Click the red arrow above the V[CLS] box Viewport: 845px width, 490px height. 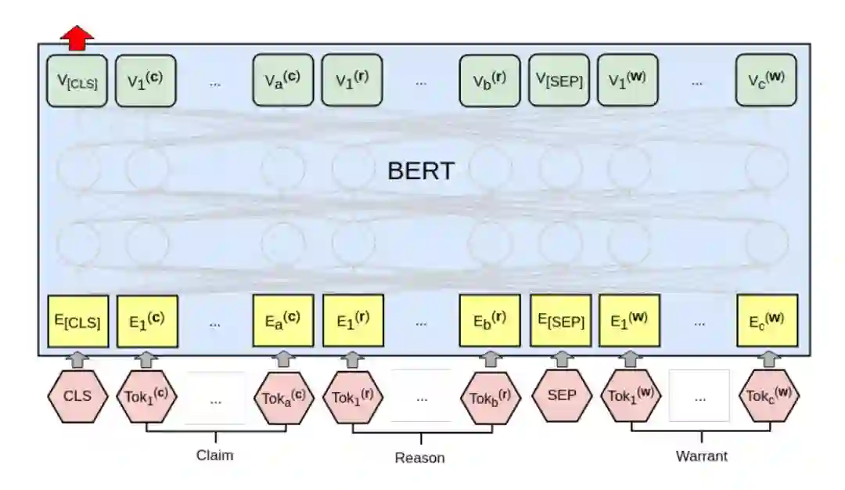(77, 37)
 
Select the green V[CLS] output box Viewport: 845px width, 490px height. (77, 80)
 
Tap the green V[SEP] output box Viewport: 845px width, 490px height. (559, 80)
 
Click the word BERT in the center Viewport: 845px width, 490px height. (420, 171)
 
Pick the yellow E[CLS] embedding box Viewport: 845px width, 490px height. (77, 320)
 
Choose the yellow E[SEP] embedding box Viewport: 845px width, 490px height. (560, 320)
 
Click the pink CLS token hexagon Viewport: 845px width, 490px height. (77, 395)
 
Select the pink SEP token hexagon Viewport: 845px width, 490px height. (561, 395)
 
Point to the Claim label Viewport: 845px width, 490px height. (214, 455)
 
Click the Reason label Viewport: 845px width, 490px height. (419, 458)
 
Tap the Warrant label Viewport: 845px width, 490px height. (701, 456)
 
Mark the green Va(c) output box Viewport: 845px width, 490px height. (282, 80)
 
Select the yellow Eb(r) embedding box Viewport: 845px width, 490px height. (490, 320)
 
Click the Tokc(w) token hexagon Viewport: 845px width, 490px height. (769, 396)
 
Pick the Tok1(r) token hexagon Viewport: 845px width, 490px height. (352, 396)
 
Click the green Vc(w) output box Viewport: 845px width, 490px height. (766, 80)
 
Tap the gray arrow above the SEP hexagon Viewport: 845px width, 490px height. (562, 359)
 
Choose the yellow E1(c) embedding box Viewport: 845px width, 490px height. (147, 320)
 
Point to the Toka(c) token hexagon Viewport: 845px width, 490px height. (283, 396)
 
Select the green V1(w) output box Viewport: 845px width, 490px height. (627, 80)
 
